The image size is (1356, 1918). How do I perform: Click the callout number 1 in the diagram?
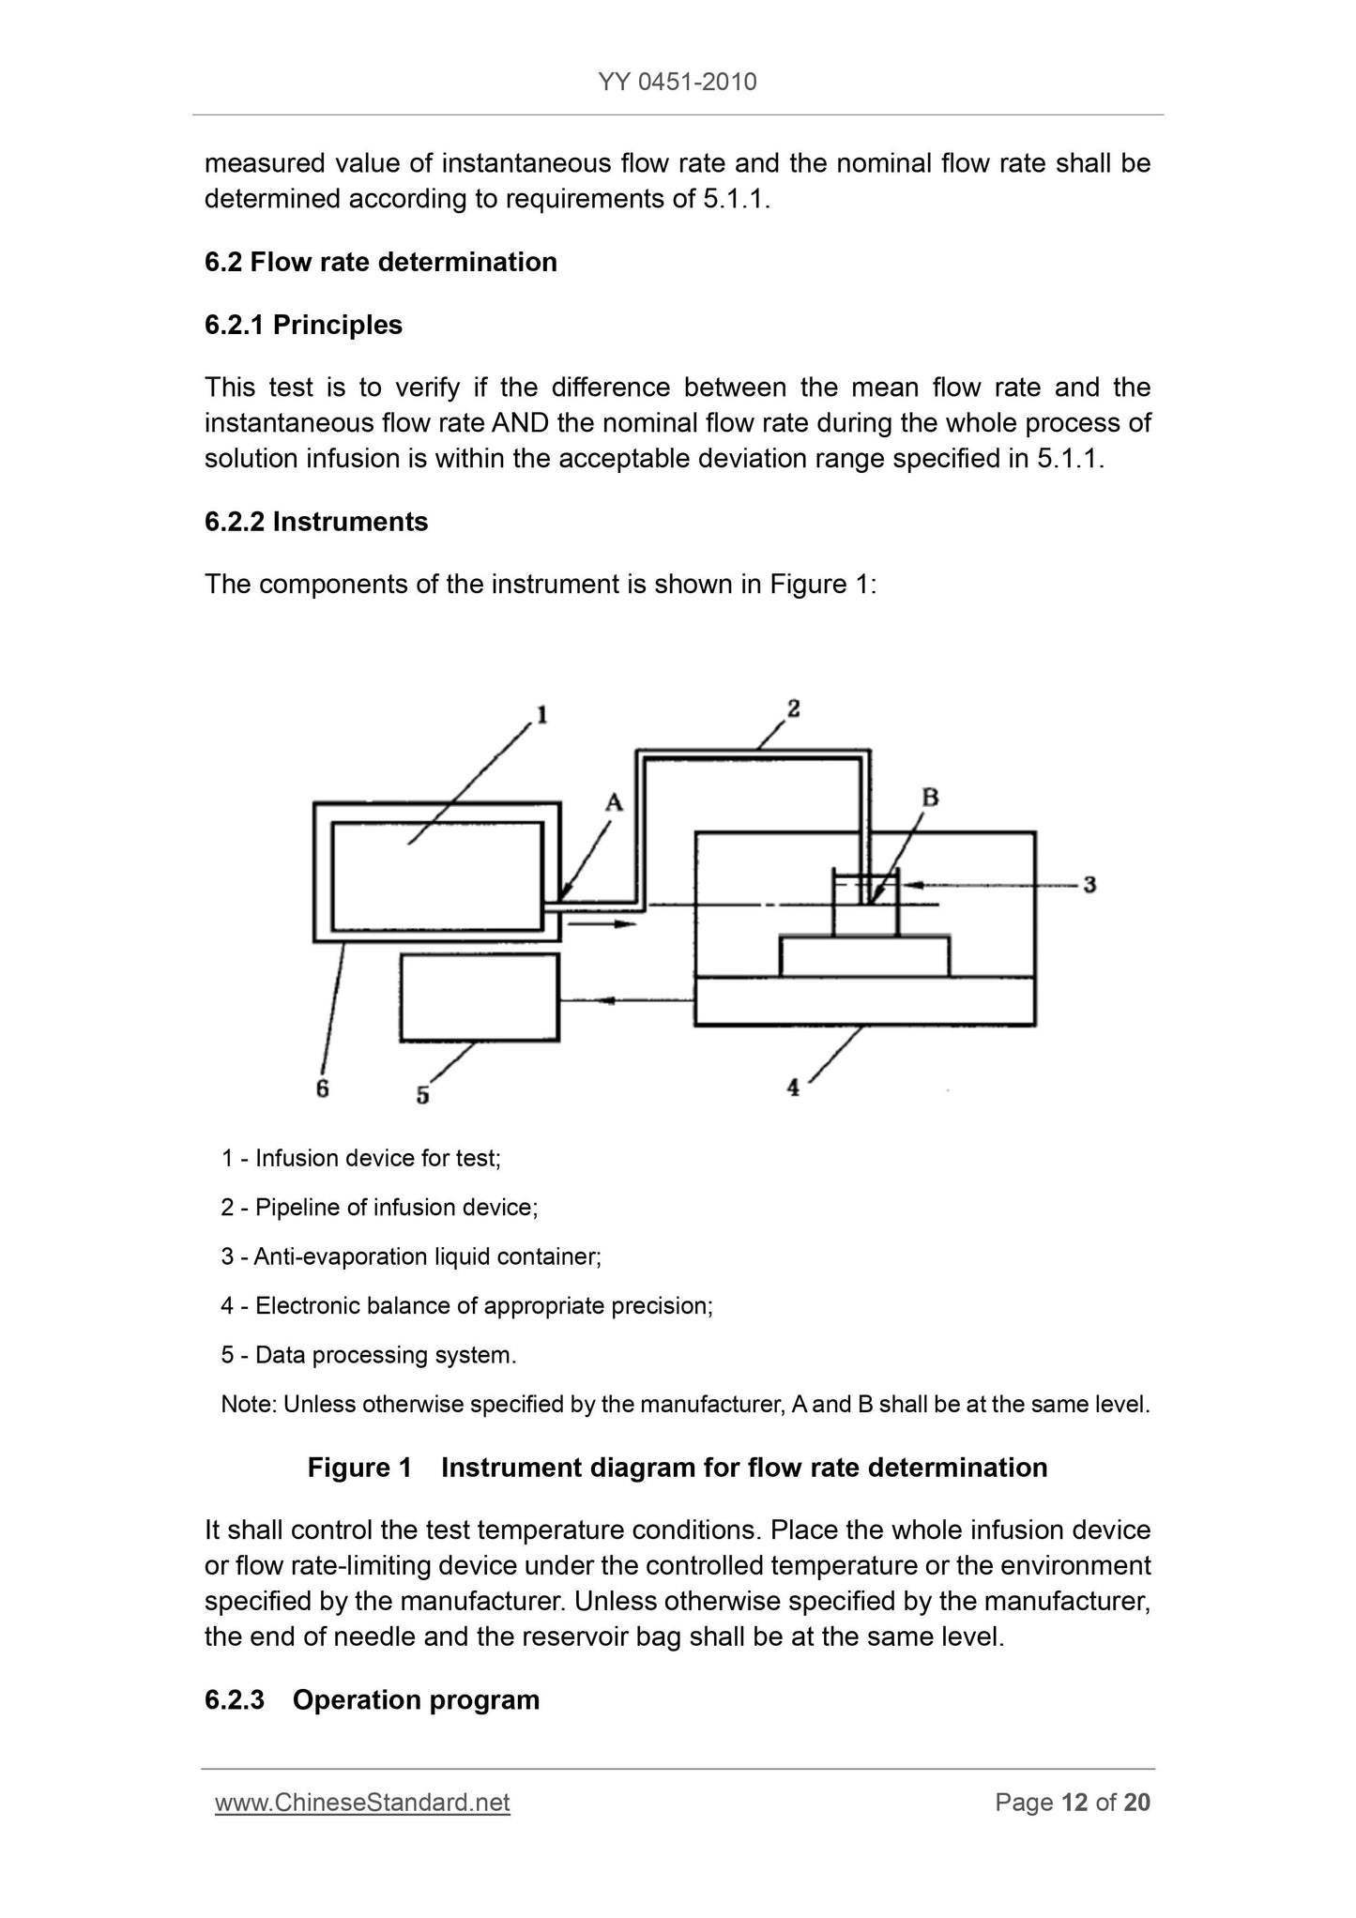[541, 716]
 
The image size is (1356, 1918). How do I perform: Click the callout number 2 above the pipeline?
[793, 708]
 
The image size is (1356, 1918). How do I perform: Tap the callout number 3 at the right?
[1089, 884]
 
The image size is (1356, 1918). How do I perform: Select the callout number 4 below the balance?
[793, 1088]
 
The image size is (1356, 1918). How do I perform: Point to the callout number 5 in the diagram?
[423, 1094]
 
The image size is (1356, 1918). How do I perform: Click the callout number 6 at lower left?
[322, 1088]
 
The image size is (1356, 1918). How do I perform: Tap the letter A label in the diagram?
[614, 802]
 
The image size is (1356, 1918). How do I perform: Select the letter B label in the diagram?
[930, 798]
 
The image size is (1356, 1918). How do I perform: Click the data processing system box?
[480, 997]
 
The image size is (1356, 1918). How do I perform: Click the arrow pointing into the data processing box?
[627, 1000]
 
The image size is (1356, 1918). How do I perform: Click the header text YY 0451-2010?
[678, 83]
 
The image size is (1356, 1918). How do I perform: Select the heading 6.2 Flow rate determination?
[381, 262]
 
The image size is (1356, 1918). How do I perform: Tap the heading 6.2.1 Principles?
[303, 325]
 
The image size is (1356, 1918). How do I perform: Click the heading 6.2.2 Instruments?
[316, 522]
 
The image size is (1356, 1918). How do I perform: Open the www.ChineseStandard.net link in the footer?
[362, 1803]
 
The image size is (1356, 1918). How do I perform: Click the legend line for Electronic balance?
[467, 1305]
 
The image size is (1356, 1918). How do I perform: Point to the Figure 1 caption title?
[678, 1468]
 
